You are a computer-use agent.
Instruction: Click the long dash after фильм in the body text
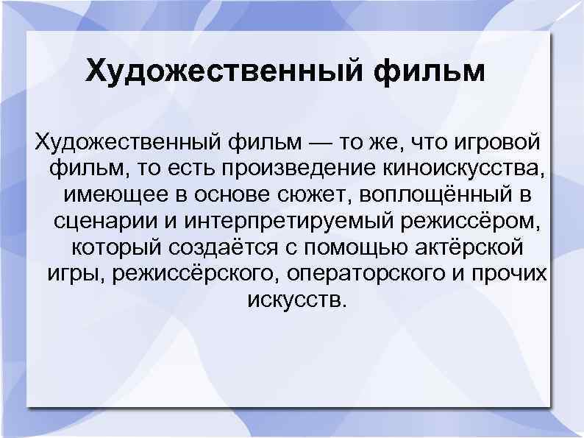coord(294,141)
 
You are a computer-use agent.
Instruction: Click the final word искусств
coord(291,300)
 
